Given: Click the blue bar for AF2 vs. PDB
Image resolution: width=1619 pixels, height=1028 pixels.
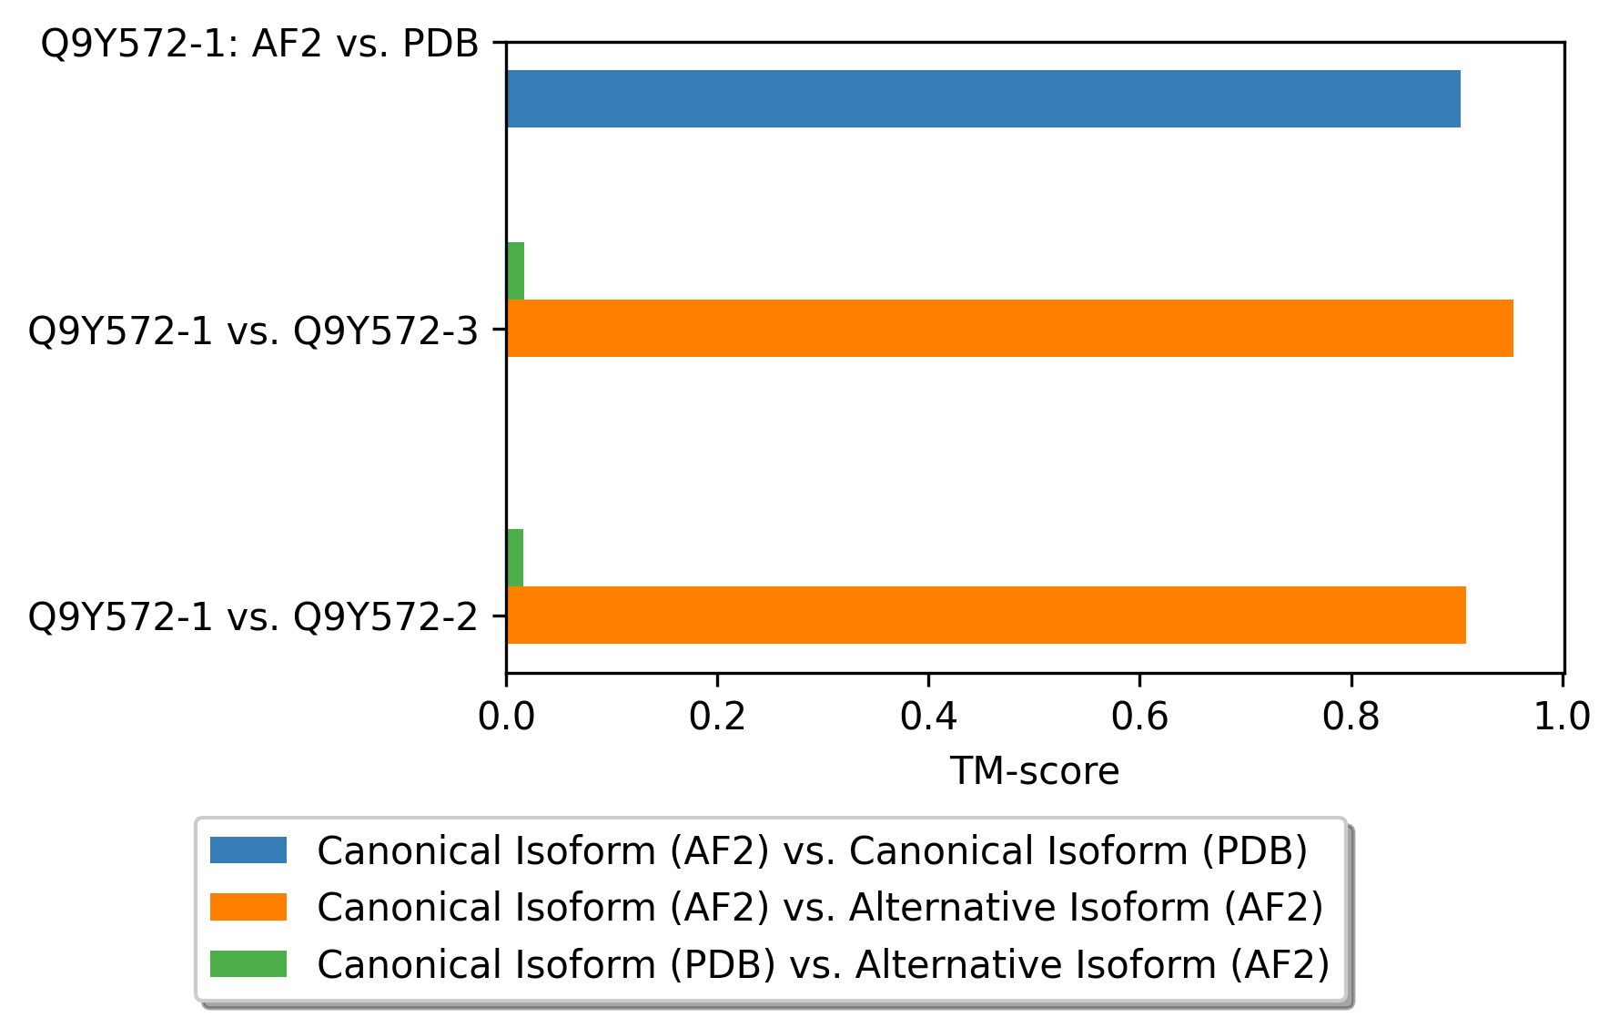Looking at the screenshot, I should pyautogui.click(x=983, y=98).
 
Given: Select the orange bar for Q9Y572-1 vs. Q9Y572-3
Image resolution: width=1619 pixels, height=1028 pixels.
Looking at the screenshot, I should pyautogui.click(x=1009, y=328).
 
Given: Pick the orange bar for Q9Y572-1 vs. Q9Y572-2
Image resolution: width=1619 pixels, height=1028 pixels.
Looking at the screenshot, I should pyautogui.click(x=986, y=615).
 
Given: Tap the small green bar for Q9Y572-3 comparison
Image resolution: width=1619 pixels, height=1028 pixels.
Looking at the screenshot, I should pyautogui.click(x=515, y=270).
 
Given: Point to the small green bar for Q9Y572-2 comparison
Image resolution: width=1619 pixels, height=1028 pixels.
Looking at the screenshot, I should pyautogui.click(x=515, y=557).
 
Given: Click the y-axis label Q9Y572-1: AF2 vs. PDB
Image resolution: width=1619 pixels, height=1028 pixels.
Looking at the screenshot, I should pyautogui.click(x=259, y=44).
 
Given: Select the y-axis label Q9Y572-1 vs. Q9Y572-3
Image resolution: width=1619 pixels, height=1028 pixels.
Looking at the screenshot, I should pyautogui.click(x=253, y=331).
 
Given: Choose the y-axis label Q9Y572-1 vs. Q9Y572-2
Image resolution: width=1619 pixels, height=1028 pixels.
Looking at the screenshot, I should pyautogui.click(x=253, y=617).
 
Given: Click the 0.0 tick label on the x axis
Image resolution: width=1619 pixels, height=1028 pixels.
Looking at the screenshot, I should pyautogui.click(x=506, y=717).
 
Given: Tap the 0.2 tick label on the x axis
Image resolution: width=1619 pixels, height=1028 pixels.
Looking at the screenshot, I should pyautogui.click(x=717, y=717).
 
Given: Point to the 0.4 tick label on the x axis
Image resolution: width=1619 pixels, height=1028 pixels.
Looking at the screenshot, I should pyautogui.click(x=928, y=717).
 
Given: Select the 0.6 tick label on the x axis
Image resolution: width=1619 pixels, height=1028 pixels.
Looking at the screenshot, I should pyautogui.click(x=1139, y=717).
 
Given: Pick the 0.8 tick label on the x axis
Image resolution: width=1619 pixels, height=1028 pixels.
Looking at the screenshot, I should pyautogui.click(x=1351, y=717).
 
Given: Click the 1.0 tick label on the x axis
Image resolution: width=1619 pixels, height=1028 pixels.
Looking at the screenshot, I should pyautogui.click(x=1562, y=717).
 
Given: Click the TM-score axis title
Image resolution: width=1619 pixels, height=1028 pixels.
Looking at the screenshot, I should pyautogui.click(x=1035, y=771).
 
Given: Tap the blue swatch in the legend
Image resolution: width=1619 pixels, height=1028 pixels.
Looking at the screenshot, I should pyautogui.click(x=248, y=850).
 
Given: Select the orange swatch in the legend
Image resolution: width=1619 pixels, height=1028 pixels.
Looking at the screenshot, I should pyautogui.click(x=248, y=907).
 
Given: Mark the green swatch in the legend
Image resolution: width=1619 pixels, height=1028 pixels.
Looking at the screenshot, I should pyautogui.click(x=248, y=963).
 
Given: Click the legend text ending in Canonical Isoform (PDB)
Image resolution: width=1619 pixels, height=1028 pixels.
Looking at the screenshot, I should pyautogui.click(x=812, y=850).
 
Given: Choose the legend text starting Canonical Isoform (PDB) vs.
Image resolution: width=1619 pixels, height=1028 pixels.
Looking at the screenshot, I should pyautogui.click(x=823, y=963).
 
